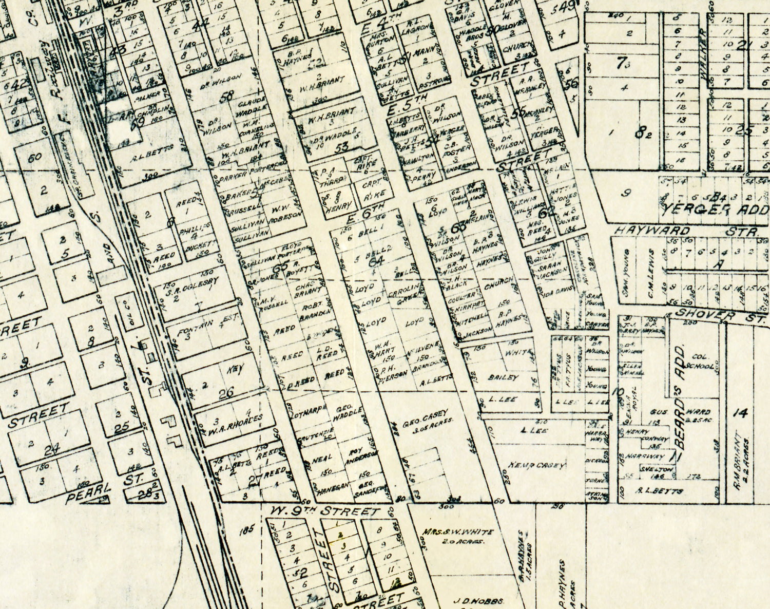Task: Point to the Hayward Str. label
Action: pyautogui.click(x=686, y=231)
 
